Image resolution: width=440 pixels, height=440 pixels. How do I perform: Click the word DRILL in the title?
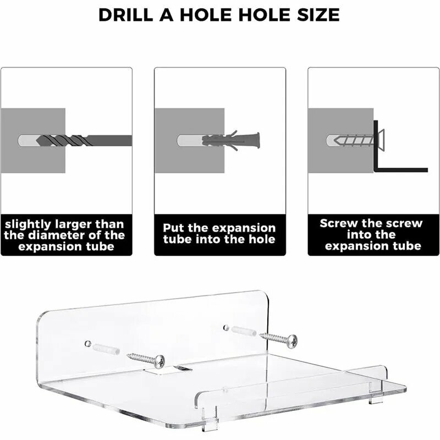[x=126, y=15]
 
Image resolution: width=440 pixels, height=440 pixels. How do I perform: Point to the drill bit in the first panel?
[x=84, y=140]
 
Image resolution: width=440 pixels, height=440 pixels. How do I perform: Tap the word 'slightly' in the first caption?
[x=28, y=224]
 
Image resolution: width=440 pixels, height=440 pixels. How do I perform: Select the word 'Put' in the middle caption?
[x=174, y=228]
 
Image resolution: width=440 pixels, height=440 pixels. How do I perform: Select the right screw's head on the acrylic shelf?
[x=293, y=341]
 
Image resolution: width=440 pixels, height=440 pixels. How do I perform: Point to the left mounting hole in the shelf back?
[x=88, y=343]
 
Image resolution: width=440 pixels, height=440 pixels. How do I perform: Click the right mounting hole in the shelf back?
[x=226, y=327]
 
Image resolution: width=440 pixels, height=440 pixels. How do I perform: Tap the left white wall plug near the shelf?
[x=106, y=349]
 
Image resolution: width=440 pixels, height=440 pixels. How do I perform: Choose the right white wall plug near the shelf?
[x=243, y=331]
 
